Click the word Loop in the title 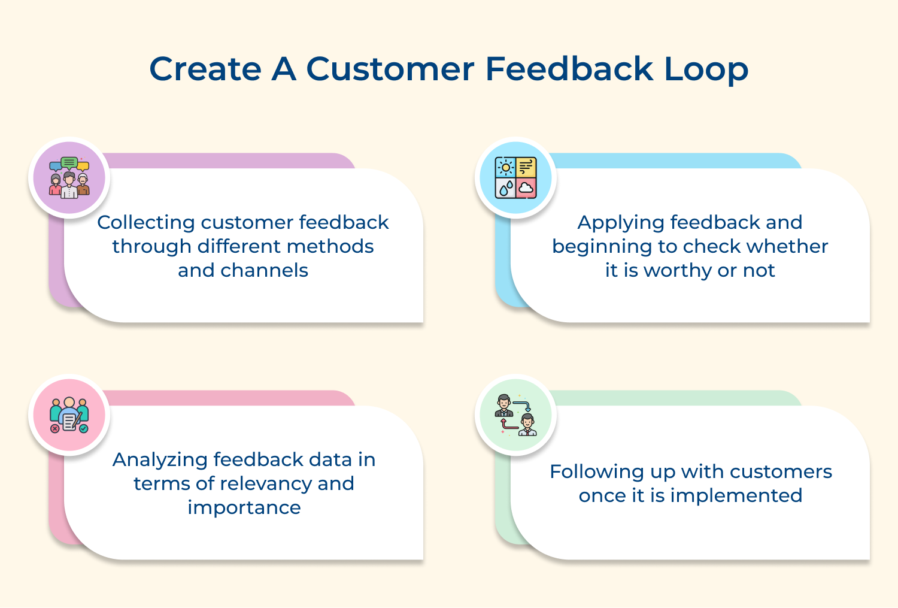(706, 69)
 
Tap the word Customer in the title (390, 69)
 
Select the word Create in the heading (205, 69)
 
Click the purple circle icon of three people (69, 178)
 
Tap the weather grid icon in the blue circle (515, 178)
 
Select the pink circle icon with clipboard (69, 415)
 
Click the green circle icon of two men (515, 415)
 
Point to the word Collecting (146, 223)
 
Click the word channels (264, 270)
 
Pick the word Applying (621, 223)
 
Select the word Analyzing (160, 460)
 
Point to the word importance (244, 508)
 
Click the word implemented (736, 496)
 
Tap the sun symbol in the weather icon (506, 167)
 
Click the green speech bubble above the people (69, 163)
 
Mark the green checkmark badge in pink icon (83, 429)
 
